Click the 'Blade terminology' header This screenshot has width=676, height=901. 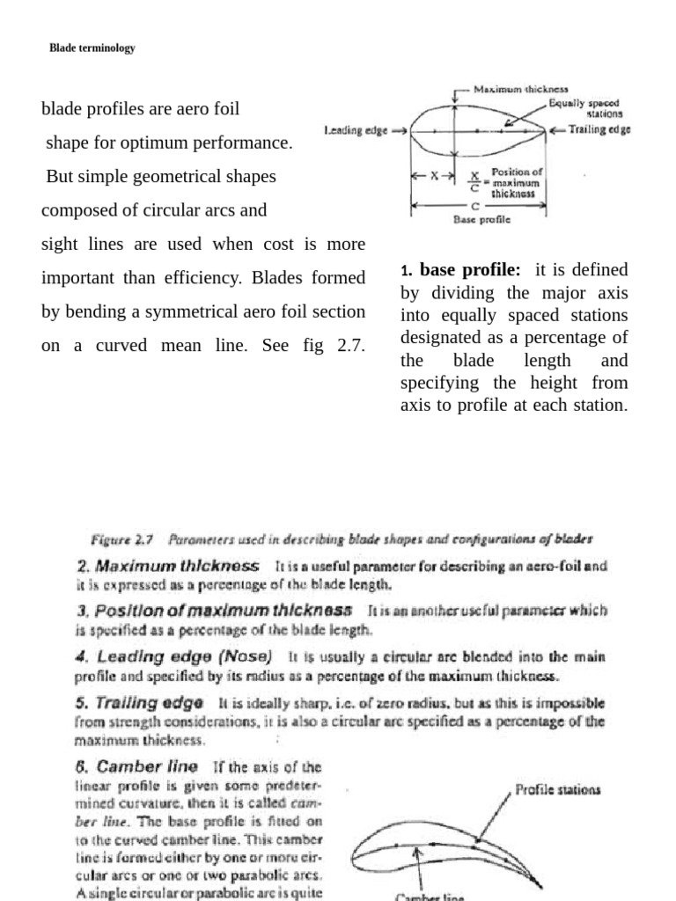click(92, 48)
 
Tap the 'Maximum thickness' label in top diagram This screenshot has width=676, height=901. click(521, 89)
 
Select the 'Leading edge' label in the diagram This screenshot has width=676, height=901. click(356, 130)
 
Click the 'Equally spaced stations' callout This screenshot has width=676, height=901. click(584, 108)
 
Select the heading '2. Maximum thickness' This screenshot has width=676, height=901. click(168, 566)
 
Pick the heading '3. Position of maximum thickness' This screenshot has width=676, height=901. click(215, 610)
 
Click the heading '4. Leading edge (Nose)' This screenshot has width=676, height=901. click(174, 656)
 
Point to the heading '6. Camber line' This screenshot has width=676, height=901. click(136, 766)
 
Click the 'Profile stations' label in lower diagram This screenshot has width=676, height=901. click(559, 789)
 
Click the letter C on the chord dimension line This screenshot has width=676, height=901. click(475, 205)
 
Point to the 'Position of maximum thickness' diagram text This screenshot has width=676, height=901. click(518, 182)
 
